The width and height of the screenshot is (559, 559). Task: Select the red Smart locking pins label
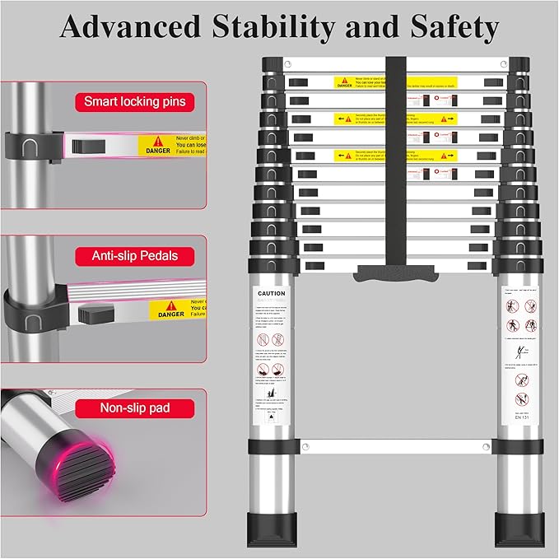pos(135,102)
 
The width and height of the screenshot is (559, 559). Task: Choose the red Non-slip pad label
pos(134,408)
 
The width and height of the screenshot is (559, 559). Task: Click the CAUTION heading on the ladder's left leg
pos(271,293)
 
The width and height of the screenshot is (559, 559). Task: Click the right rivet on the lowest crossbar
pos(485,447)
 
